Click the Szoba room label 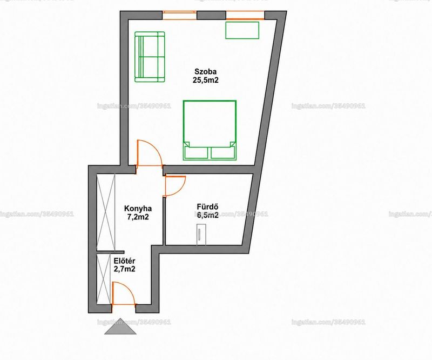click(206, 71)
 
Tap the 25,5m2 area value click(206, 81)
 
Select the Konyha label click(138, 208)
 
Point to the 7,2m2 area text click(138, 217)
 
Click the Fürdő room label click(208, 206)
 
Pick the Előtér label click(124, 261)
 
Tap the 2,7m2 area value click(124, 269)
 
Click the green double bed click(210, 130)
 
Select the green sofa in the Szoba click(150, 57)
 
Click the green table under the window click(242, 30)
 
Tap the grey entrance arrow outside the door click(120, 326)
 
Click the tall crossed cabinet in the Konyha click(106, 212)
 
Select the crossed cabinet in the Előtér click(104, 279)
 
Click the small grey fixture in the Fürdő click(201, 235)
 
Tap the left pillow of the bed click(197, 152)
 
